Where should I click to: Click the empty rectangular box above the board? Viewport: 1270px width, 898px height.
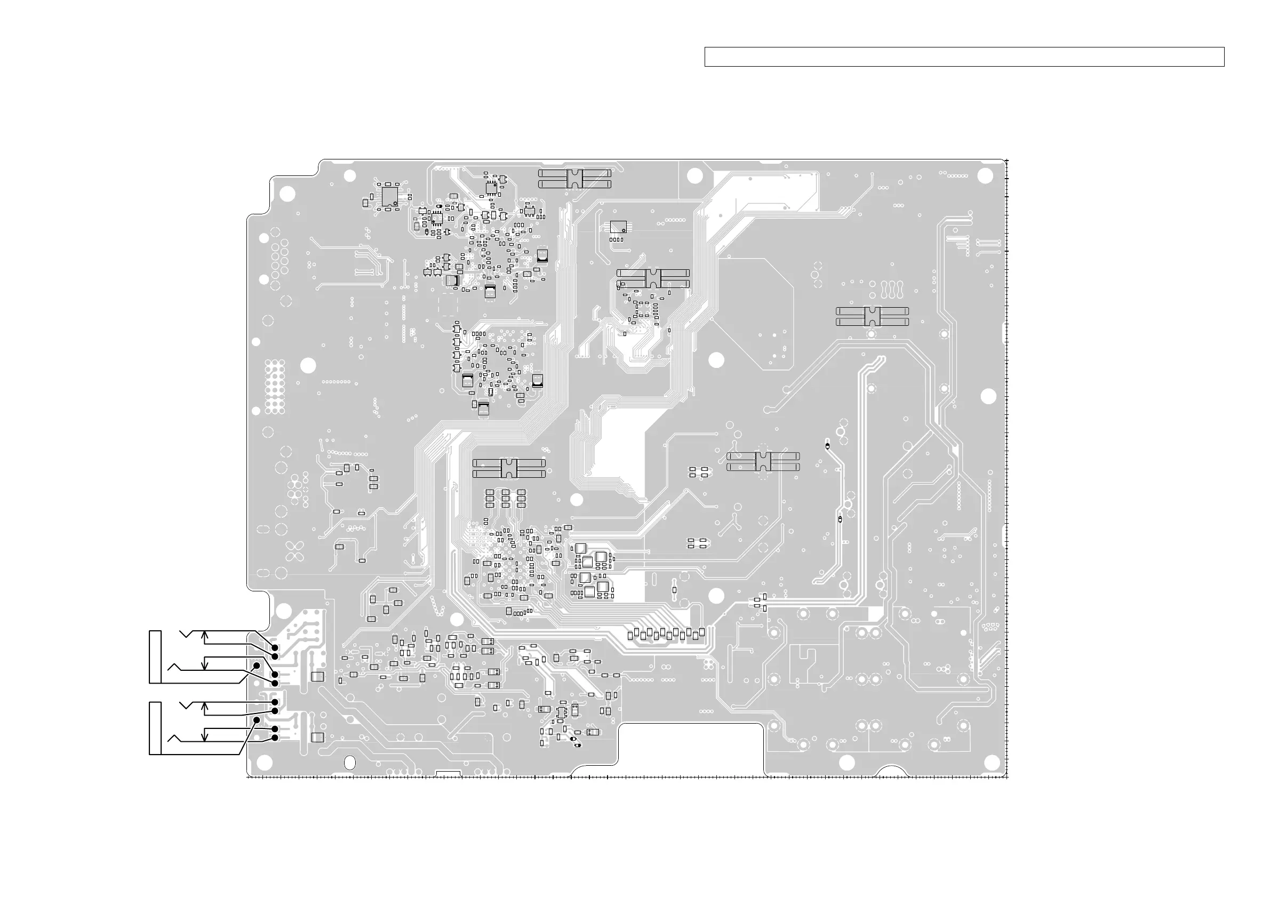(964, 57)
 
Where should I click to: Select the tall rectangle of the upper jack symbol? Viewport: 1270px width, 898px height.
(155, 656)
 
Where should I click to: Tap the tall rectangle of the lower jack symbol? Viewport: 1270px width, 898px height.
(155, 728)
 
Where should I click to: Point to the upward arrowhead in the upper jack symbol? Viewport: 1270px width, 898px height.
(205, 635)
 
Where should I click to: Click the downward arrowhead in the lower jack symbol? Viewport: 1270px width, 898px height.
(205, 737)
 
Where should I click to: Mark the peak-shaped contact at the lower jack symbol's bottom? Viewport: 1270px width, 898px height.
(174, 737)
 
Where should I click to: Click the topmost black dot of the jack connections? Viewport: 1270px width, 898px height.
(275, 647)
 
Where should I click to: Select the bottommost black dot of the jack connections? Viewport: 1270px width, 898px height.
(275, 738)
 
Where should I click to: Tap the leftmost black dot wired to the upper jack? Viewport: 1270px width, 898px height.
(257, 666)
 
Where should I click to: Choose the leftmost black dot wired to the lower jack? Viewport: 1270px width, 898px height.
(257, 719)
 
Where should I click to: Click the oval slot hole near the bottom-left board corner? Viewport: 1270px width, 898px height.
(349, 763)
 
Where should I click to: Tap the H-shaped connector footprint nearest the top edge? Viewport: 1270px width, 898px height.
(574, 179)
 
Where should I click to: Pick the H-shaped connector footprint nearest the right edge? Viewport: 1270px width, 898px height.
(872, 317)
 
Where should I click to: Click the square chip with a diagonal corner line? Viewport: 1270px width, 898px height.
(618, 227)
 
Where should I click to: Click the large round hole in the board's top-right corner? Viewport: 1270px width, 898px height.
(985, 176)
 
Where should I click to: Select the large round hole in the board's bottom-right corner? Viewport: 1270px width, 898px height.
(847, 763)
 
